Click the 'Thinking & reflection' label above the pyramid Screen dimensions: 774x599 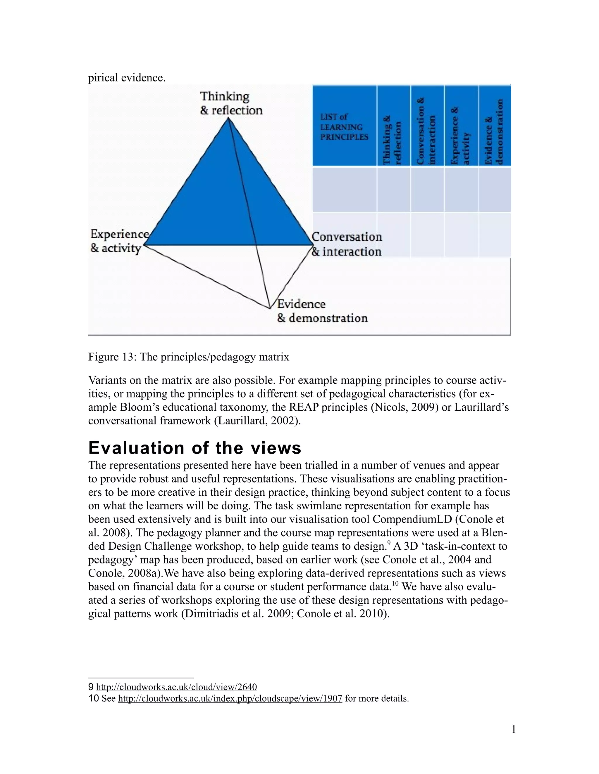point(231,103)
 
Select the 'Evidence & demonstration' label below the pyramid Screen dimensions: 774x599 point(322,311)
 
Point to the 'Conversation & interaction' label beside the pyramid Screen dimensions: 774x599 point(346,244)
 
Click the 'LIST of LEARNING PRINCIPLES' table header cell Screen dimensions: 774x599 point(343,126)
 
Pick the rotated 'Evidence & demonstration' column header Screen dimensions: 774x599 point(494,132)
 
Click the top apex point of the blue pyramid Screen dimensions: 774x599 point(228,119)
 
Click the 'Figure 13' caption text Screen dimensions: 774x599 point(188,357)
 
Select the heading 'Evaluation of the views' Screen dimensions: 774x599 point(194,448)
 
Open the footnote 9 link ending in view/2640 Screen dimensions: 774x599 point(176,687)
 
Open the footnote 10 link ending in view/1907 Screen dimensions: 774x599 point(230,699)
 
